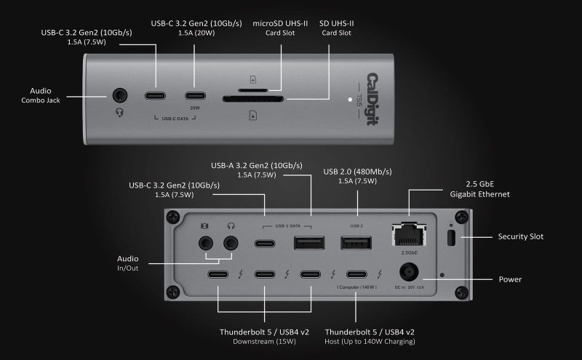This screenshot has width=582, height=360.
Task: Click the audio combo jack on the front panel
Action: pyautogui.click(x=119, y=96)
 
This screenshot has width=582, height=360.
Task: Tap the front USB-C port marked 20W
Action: pyautogui.click(x=194, y=96)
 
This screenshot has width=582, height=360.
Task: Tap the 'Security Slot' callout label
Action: pyautogui.click(x=520, y=236)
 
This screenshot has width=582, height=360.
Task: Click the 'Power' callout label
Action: pyautogui.click(x=509, y=279)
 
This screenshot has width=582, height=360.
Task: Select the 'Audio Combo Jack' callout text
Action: pyautogui.click(x=40, y=95)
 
